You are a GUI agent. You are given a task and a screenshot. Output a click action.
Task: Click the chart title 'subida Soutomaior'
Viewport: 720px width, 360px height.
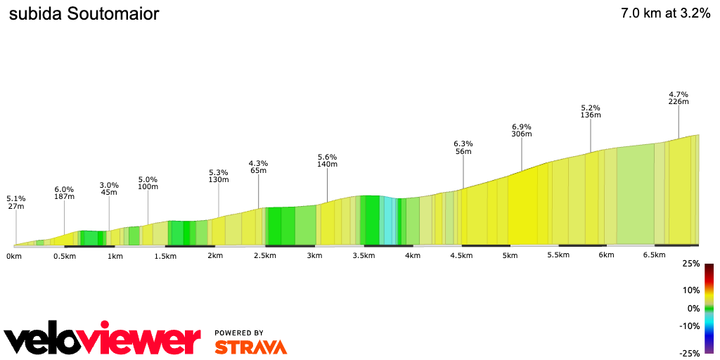tap(84, 14)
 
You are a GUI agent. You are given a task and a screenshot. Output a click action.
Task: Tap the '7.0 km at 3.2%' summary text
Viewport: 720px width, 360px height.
tap(665, 14)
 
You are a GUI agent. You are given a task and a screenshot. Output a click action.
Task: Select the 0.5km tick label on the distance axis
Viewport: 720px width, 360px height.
tap(64, 256)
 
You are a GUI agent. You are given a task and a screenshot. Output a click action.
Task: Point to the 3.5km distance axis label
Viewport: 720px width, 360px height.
tap(364, 256)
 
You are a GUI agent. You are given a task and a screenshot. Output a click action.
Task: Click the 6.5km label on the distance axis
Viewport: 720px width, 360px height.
tap(654, 255)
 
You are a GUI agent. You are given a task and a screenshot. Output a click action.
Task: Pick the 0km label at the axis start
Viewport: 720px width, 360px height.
tap(14, 256)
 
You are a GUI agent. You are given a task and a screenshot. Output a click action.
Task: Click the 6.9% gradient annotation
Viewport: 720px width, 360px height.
tap(521, 126)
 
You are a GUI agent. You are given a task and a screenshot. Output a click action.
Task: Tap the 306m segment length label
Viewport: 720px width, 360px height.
tap(521, 134)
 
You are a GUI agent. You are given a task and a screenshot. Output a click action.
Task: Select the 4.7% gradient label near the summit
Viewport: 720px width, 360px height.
tap(679, 94)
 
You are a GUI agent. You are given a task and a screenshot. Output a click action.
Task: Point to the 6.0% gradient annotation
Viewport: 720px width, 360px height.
tap(64, 189)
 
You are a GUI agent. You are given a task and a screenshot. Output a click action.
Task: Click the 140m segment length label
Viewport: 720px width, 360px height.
tap(328, 165)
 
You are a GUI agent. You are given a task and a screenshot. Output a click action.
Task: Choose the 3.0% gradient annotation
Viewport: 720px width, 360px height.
tap(109, 185)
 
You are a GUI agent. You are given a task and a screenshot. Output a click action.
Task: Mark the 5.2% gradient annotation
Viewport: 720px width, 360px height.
tap(591, 107)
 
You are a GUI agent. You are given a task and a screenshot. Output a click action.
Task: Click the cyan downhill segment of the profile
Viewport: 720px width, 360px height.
tap(387, 221)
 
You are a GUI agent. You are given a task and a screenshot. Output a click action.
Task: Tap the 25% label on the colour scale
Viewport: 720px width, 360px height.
tap(691, 264)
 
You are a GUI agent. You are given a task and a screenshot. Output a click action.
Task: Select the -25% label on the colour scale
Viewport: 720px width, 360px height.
tap(690, 353)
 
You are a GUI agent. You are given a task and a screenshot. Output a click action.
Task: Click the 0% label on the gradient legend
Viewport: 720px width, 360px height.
tap(693, 308)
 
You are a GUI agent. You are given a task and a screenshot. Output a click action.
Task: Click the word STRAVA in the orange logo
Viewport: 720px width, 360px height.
tap(250, 347)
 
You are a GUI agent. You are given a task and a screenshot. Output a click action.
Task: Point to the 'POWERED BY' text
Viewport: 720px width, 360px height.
tap(239, 333)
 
